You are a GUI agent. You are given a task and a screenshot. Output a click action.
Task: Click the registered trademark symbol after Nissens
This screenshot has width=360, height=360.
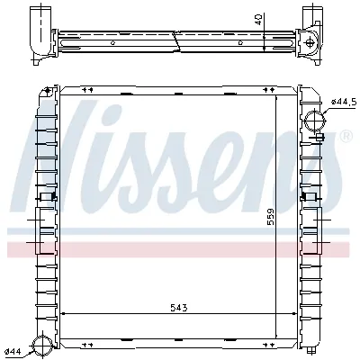click(345, 136)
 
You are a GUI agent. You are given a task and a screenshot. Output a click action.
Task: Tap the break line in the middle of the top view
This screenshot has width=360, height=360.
click(176, 40)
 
